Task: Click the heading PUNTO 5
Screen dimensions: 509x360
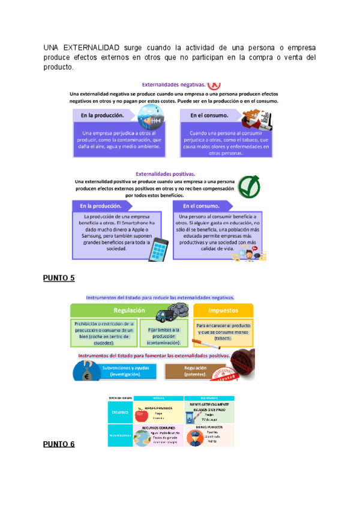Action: (x=59, y=278)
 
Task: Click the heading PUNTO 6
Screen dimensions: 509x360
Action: (x=59, y=444)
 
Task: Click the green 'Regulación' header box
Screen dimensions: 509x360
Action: (x=130, y=310)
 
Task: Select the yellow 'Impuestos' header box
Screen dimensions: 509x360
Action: (x=223, y=310)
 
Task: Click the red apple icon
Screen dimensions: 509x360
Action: (x=142, y=415)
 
